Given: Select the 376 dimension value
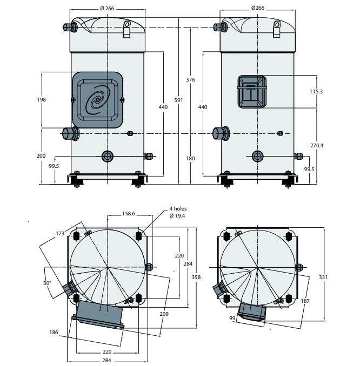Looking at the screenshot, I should coord(190,80).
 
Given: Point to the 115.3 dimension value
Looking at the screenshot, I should coord(316,91).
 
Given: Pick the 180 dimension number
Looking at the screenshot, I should coord(190,159).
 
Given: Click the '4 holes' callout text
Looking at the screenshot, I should coord(178,208).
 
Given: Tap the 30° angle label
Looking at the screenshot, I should coord(47,283).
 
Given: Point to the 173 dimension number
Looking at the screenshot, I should coord(60,233).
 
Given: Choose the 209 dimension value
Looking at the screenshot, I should coord(164,314).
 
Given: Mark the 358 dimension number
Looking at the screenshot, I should coord(196,277).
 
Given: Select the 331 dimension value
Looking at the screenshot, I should coord(323,277).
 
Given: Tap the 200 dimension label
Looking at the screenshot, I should coord(41,155).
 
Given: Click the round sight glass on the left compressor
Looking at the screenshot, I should coord(108,157).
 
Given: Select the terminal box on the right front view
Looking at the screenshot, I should coord(251,92).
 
